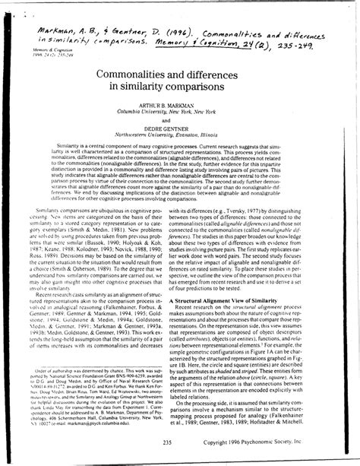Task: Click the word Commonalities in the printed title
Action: coord(133,73)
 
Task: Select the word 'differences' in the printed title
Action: coord(225,73)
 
